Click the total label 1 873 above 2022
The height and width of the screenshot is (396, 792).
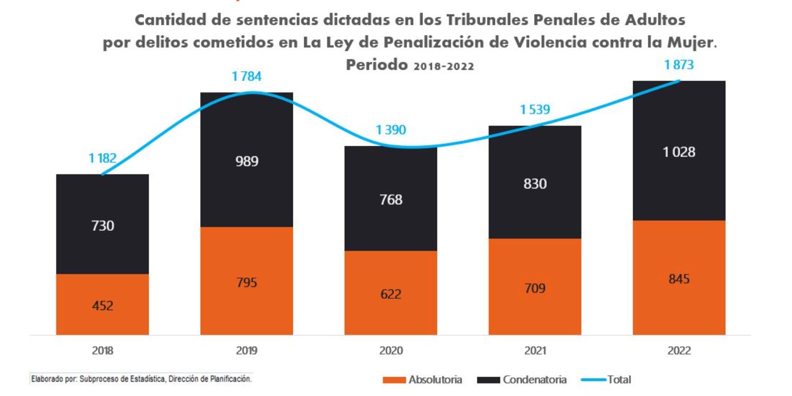(679, 65)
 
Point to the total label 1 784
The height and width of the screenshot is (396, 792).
(247, 76)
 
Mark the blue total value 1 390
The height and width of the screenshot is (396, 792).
(391, 130)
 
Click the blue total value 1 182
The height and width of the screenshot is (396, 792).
(103, 158)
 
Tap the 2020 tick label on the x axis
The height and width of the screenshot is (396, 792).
(391, 351)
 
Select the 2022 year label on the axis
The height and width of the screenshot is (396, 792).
(679, 351)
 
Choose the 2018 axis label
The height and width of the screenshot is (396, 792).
(103, 351)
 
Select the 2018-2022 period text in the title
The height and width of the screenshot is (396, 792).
(444, 66)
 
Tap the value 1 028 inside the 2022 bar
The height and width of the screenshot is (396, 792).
(679, 152)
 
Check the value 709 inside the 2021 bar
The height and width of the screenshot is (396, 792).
(535, 288)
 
